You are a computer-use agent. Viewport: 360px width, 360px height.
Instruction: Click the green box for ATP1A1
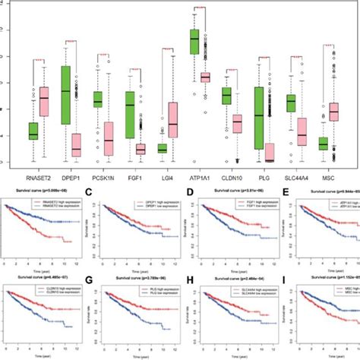click(194, 45)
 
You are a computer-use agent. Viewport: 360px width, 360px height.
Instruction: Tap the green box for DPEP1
click(65, 95)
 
